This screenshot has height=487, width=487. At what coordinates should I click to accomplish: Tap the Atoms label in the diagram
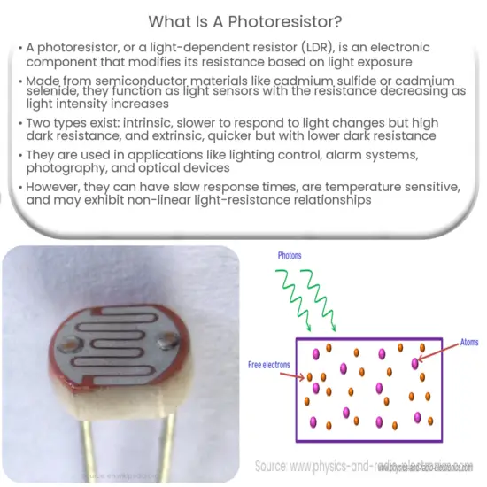coord(467,340)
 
